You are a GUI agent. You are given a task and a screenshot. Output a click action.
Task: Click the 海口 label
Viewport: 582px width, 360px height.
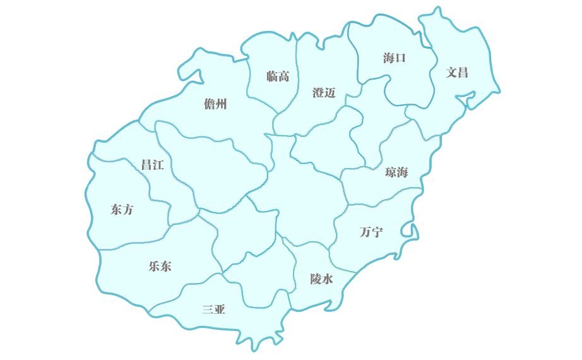pos(395,58)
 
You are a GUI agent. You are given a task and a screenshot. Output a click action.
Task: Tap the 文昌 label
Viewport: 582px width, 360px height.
pos(457,72)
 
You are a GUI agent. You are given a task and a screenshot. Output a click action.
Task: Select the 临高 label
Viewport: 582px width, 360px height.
pos(278,76)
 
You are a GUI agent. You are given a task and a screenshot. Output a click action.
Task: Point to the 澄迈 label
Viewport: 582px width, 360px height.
pos(324,93)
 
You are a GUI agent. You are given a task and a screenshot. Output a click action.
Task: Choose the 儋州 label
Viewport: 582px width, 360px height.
pos(216,104)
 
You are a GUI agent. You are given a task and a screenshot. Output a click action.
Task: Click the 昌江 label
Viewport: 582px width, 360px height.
pos(152,165)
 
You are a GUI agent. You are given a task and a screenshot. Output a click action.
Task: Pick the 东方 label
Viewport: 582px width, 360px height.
pos(122,210)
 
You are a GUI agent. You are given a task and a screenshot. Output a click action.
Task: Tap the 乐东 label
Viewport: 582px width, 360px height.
pos(160,266)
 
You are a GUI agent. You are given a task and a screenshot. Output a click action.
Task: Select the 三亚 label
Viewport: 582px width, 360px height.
pos(213,309)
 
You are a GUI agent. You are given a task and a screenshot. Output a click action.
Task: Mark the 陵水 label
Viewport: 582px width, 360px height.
pos(321,279)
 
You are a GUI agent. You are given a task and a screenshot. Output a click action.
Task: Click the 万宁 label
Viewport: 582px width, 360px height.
pos(371,232)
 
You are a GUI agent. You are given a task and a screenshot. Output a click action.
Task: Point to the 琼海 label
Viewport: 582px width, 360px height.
pos(396,172)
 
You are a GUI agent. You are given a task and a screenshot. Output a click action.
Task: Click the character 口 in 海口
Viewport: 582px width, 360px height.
pos(401,58)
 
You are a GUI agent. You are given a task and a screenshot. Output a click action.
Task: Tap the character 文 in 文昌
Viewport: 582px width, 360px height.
pos(451,72)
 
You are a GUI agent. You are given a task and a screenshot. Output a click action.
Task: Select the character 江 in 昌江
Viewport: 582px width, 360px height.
pos(158,165)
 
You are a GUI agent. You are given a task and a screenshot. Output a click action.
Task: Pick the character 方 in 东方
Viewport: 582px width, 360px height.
pos(128,210)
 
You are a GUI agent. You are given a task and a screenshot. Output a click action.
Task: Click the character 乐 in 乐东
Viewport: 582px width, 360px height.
pos(153,266)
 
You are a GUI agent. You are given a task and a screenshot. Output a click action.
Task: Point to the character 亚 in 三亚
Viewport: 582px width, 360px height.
pos(220,309)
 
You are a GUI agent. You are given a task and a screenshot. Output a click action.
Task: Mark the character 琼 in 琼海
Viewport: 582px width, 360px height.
pos(390,172)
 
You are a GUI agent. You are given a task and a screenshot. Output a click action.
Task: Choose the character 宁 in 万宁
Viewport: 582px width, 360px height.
pos(377,232)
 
